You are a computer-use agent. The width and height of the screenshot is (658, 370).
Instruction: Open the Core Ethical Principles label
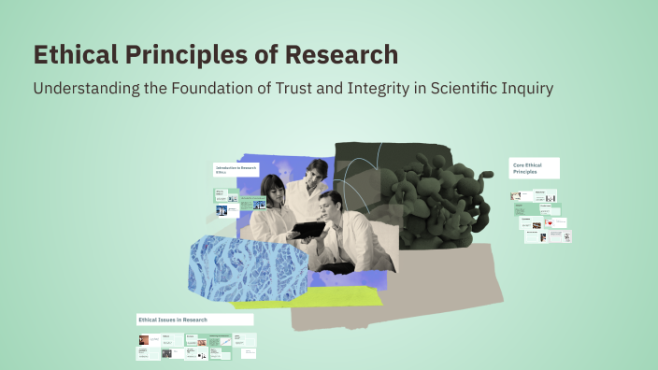pos(534,168)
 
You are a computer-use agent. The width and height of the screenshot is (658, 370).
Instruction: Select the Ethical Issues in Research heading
pos(173,320)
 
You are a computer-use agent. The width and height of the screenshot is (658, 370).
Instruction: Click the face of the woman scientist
pos(275,189)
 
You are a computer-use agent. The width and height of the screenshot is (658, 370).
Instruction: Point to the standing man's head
pos(316,172)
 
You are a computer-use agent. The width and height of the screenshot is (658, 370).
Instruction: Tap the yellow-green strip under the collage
pos(308,297)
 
